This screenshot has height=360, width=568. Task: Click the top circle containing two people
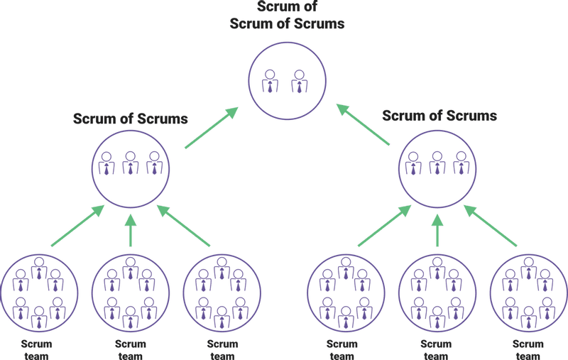(287, 79)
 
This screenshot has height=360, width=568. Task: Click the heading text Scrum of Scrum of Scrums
(287, 16)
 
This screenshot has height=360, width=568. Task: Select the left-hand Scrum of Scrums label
(131, 119)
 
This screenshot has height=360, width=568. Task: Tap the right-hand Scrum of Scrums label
(439, 115)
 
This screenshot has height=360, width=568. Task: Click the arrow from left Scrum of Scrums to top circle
(211, 129)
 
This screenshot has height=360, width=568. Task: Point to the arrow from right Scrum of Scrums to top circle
(363, 125)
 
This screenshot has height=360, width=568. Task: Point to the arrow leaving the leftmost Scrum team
(77, 227)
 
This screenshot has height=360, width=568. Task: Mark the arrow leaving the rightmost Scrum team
(491, 227)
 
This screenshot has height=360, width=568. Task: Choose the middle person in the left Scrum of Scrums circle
(131, 163)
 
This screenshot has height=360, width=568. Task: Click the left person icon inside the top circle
(271, 81)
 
